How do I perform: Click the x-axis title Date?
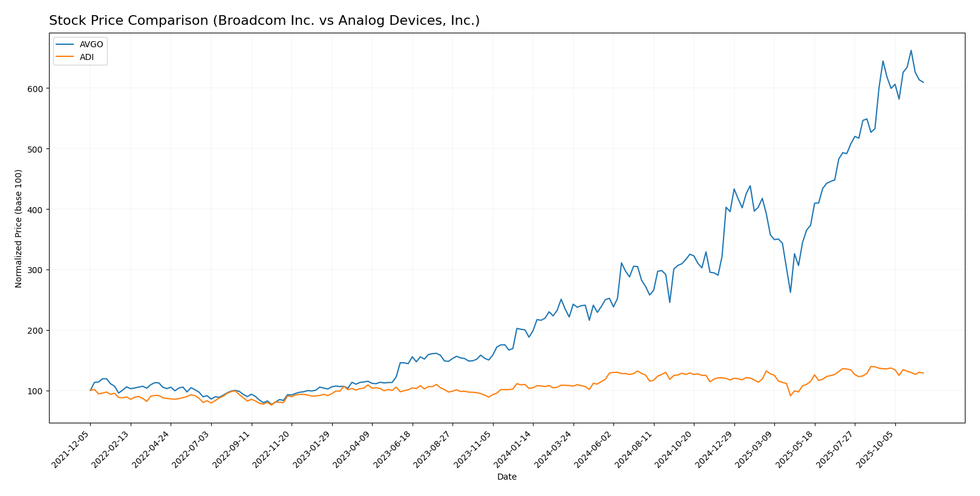[x=507, y=477]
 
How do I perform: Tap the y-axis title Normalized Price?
[x=19, y=228]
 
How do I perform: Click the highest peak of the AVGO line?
[x=911, y=50]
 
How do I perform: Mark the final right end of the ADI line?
[x=923, y=373]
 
